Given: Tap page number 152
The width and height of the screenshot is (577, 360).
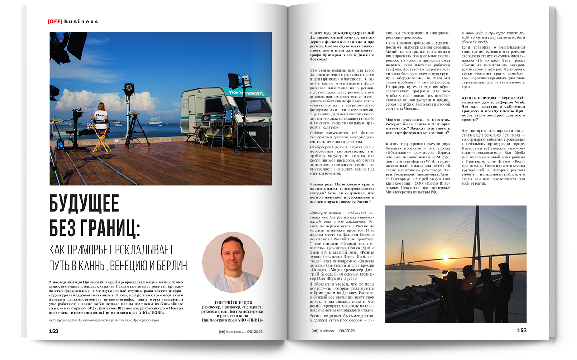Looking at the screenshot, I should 54,331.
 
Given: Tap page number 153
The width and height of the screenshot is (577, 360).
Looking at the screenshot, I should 522,330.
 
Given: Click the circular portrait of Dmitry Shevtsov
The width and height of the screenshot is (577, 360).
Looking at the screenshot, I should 233,263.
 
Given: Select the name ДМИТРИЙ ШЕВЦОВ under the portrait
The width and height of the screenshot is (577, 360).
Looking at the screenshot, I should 233,302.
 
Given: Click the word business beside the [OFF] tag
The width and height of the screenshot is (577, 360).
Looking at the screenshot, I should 81,21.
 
